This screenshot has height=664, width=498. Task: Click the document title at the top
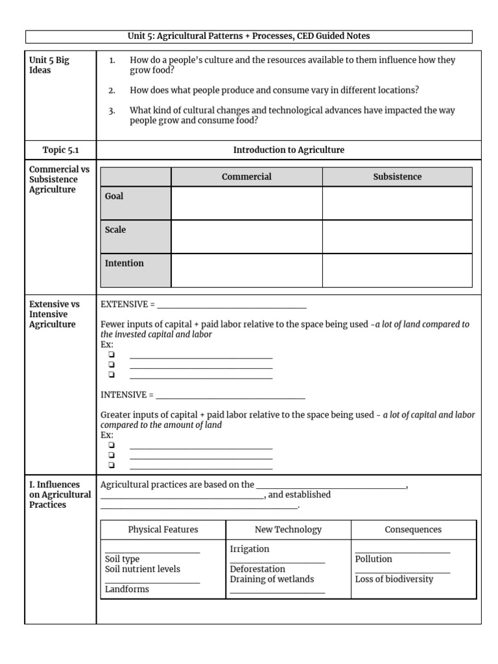pyautogui.click(x=249, y=36)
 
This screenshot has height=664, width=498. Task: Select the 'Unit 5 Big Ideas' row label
pyautogui.click(x=49, y=65)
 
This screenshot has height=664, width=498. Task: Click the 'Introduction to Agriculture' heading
pyautogui.click(x=289, y=150)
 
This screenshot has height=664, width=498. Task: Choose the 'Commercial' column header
pyautogui.click(x=246, y=176)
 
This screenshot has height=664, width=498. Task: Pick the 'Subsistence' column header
pyautogui.click(x=397, y=176)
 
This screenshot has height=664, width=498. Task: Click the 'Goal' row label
pyautogui.click(x=114, y=196)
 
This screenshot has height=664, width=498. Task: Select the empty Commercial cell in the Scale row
pyautogui.click(x=246, y=236)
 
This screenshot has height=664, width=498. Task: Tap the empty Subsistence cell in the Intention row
pyautogui.click(x=397, y=270)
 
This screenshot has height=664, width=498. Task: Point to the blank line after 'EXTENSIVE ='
pyautogui.click(x=231, y=305)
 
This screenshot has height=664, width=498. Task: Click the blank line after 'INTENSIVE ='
pyautogui.click(x=230, y=395)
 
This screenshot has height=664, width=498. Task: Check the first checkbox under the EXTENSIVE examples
pyautogui.click(x=112, y=355)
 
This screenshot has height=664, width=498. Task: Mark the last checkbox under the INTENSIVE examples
pyautogui.click(x=112, y=465)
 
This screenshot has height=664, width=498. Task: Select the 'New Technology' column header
pyautogui.click(x=288, y=530)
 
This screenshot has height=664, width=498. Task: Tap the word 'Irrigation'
pyautogui.click(x=250, y=549)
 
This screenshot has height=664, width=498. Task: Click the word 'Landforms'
pyautogui.click(x=126, y=589)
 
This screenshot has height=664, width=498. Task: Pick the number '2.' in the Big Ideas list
pyautogui.click(x=112, y=90)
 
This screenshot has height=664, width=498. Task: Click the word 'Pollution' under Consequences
pyautogui.click(x=373, y=559)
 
